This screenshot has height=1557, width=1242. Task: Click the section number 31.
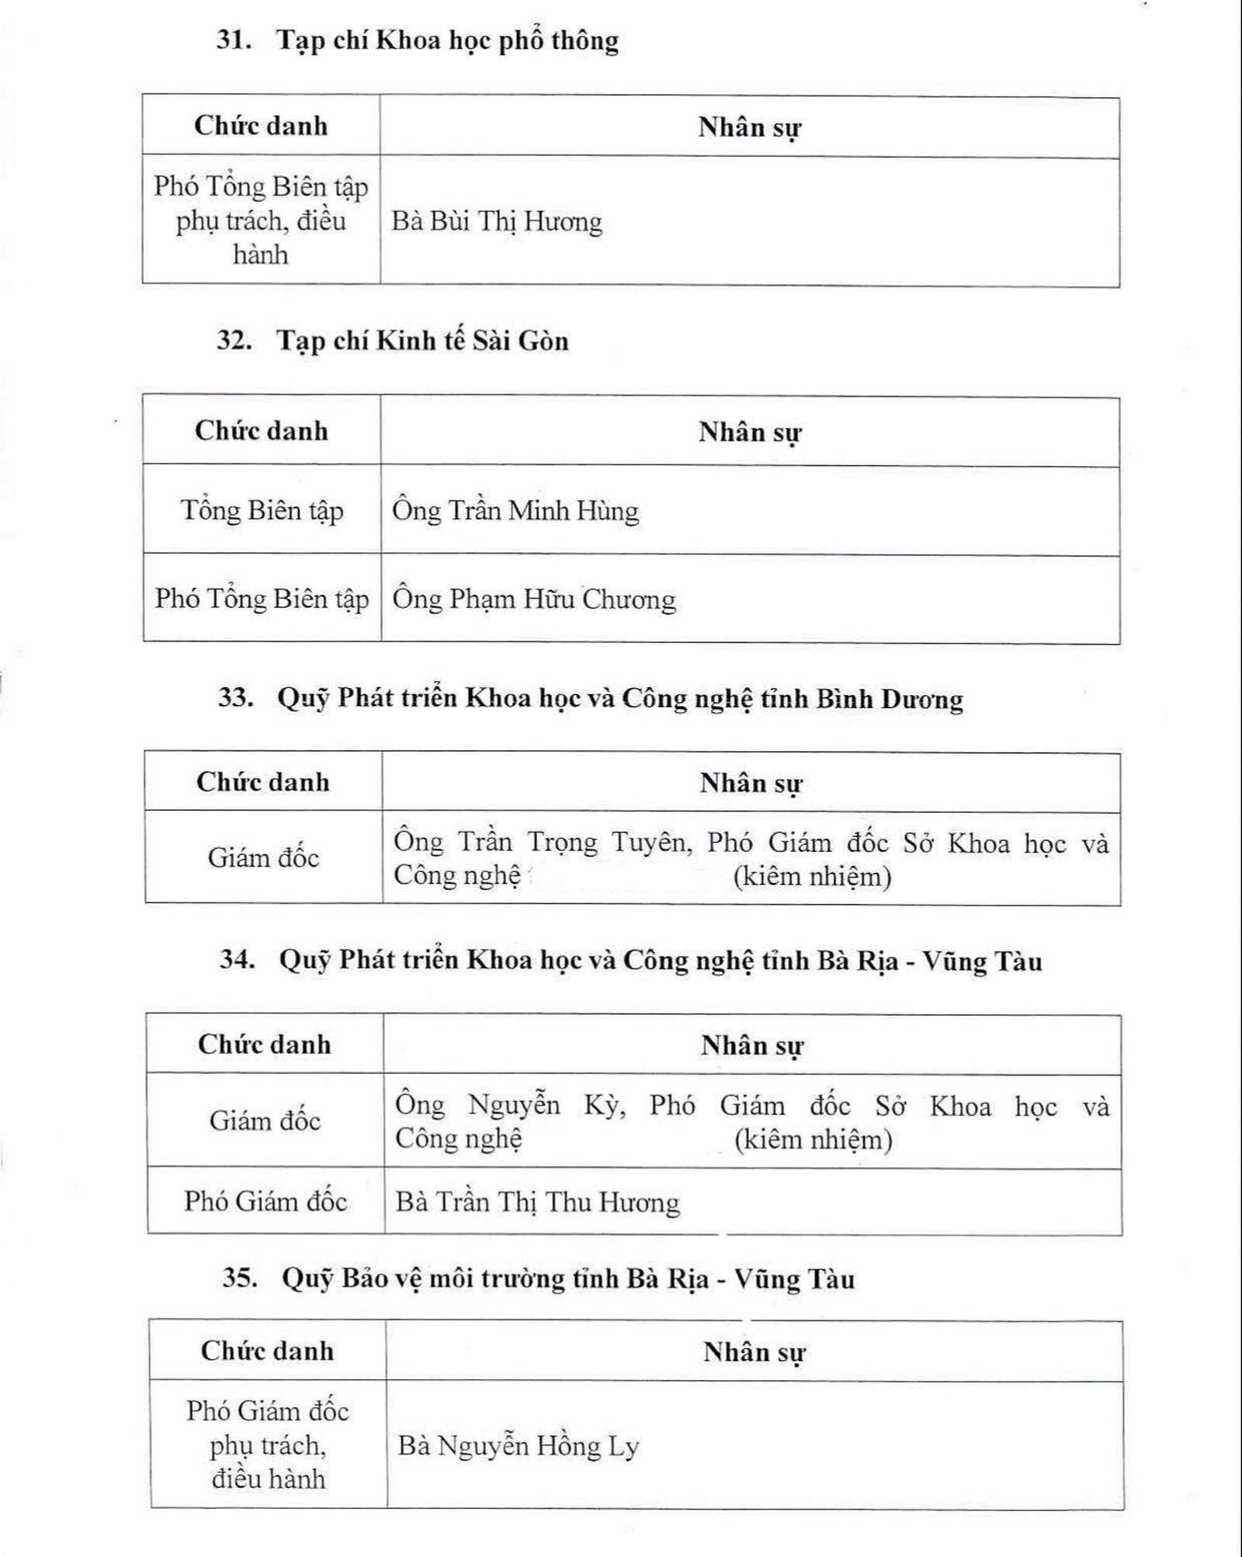[x=234, y=40]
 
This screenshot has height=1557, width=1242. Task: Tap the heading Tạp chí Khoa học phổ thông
[x=448, y=40]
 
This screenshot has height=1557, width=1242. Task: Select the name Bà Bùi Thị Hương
[x=497, y=222]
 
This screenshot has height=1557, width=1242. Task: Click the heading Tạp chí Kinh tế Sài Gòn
[x=423, y=341]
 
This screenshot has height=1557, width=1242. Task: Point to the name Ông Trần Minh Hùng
[x=515, y=511]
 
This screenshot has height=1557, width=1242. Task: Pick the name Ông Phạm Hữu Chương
[x=534, y=600]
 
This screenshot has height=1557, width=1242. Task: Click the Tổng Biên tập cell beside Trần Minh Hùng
[x=262, y=511]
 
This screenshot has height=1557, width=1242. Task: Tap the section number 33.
[x=236, y=697]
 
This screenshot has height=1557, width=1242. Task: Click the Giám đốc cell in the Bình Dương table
[x=263, y=858]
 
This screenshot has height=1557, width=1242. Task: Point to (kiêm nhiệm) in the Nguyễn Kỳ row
[x=813, y=1140]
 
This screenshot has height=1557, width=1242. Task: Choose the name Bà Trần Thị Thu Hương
[x=537, y=1203]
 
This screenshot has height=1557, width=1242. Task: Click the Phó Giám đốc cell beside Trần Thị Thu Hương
[x=265, y=1202]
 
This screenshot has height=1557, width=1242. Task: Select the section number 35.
[x=240, y=1278]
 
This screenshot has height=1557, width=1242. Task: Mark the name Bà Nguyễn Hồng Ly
[x=519, y=1446]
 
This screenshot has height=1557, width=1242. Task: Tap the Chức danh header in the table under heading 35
[x=267, y=1351]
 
